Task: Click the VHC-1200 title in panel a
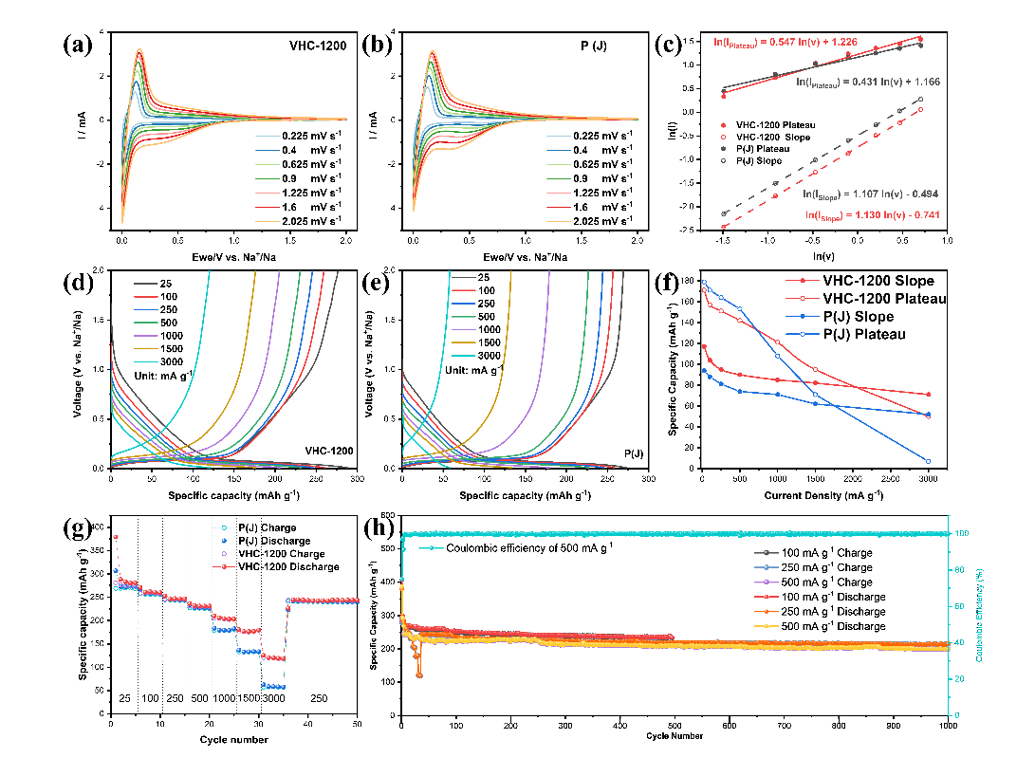pyautogui.click(x=318, y=46)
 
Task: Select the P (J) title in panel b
pyautogui.click(x=608, y=46)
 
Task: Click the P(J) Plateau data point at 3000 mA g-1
pyautogui.click(x=928, y=461)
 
